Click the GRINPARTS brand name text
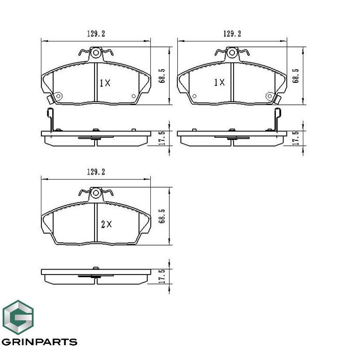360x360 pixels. coord(39,342)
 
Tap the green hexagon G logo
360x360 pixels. coord(18,317)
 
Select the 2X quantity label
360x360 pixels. coord(107,224)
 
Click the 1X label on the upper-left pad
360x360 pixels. coord(105,83)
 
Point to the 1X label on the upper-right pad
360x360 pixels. coord(219,82)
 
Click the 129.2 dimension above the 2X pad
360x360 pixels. coord(96,172)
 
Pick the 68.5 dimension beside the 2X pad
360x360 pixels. coord(162,216)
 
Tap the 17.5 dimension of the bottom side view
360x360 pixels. coord(162,276)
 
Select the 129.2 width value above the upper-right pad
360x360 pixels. coord(232,34)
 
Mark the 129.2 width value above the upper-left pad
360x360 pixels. coord(96,34)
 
